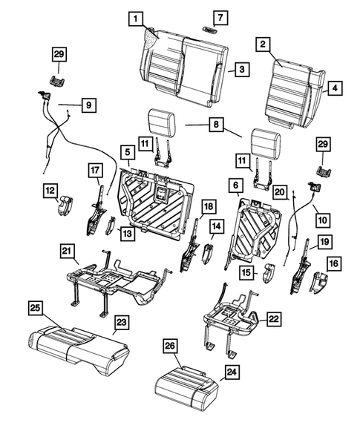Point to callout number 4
(x=335, y=88)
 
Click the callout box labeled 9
(x=87, y=106)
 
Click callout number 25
(x=34, y=306)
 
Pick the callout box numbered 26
(x=170, y=346)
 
